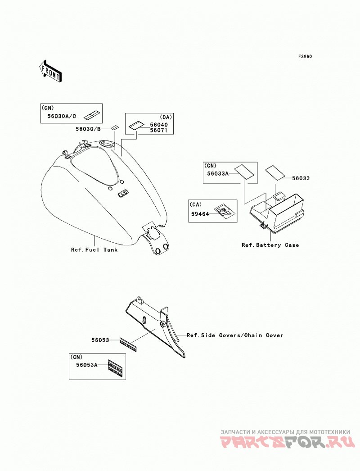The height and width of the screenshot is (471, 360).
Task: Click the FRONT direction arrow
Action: tap(50, 71)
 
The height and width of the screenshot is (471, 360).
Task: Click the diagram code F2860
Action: tap(305, 56)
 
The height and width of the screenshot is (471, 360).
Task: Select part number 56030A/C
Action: tap(62, 116)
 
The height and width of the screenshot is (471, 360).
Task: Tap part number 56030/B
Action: tap(88, 129)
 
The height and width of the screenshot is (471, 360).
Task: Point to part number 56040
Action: tap(159, 125)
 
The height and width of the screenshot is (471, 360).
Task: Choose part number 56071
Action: tap(159, 131)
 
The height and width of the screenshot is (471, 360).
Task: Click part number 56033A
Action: tap(218, 173)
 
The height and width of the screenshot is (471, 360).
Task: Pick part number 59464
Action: tap(200, 214)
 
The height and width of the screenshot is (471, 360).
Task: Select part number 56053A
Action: tap(87, 365)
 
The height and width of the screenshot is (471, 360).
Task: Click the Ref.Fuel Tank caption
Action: tap(94, 249)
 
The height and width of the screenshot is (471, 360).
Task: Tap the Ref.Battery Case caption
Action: tap(270, 245)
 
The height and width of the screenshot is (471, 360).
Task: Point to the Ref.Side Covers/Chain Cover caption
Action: tap(235, 335)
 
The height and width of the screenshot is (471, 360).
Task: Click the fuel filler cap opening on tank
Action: tap(107, 144)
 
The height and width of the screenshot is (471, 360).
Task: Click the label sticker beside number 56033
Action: tap(275, 172)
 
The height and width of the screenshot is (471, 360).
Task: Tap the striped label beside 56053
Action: tap(128, 344)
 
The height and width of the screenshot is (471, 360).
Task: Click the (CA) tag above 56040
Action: tap(166, 117)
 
